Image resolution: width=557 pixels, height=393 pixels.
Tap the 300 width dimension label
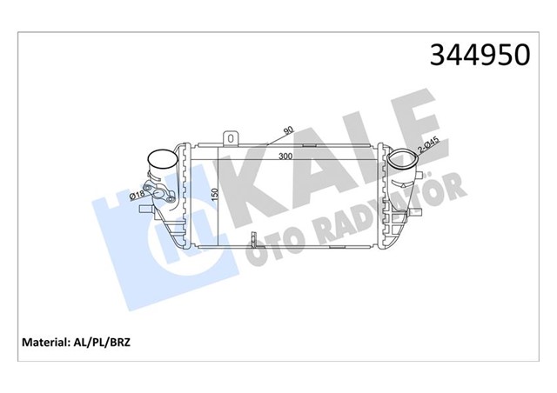285,157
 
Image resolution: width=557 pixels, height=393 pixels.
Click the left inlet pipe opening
160,161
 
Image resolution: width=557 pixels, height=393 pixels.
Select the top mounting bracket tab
231,137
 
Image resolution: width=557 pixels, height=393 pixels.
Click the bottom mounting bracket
252,239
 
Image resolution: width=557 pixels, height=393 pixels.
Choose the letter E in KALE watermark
413,122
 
